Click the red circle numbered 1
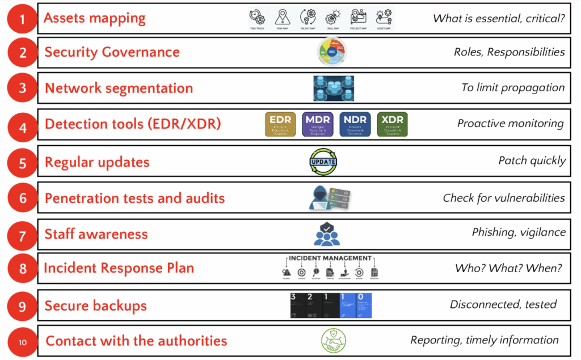[22, 19]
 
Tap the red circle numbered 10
[22, 342]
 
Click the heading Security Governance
[112, 52]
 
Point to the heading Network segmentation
[119, 88]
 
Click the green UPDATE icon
[323, 162]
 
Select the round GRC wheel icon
[331, 53]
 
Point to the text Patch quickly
[532, 160]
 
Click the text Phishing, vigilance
[519, 232]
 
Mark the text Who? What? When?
[508, 268]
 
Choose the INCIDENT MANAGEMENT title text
[330, 259]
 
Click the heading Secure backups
[95, 306]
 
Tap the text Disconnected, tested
[503, 304]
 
